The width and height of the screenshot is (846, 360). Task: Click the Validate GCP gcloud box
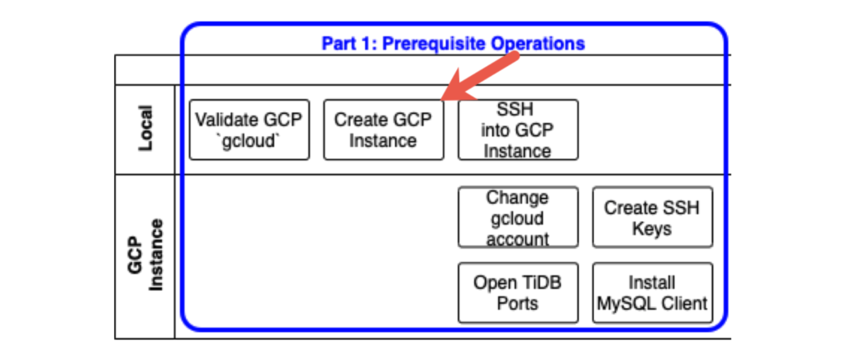pos(249,130)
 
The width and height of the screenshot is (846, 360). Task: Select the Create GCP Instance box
pos(383,130)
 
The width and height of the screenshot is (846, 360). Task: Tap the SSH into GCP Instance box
pos(517,130)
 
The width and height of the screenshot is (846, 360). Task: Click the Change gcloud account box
pos(517,218)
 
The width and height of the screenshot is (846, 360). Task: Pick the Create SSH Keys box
pos(652,218)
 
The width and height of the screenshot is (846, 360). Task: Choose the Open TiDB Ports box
pos(517,292)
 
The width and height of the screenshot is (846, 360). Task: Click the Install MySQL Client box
pos(652,292)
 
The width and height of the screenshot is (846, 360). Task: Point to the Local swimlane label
pos(145,128)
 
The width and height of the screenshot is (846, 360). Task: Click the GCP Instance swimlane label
pos(145,255)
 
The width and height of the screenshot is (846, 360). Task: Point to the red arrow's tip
pos(442,99)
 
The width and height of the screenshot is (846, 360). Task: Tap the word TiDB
pos(540,282)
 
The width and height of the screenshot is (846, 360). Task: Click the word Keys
pos(652,229)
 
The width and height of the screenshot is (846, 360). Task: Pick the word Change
pos(517,198)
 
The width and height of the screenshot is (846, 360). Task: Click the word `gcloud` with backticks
pos(249,140)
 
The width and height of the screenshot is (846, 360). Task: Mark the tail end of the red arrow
pos(516,56)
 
